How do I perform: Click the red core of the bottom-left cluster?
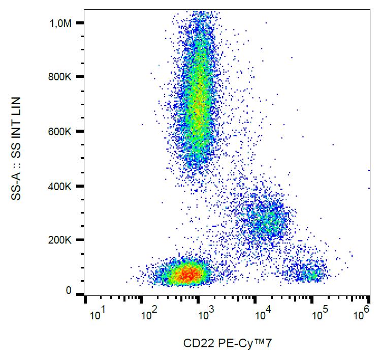[x=188, y=274]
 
